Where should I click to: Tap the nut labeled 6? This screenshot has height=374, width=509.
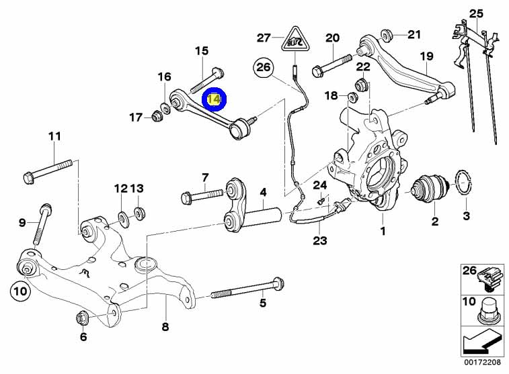click(82, 317)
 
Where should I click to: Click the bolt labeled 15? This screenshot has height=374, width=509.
click(206, 80)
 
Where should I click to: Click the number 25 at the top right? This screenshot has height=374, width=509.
click(476, 13)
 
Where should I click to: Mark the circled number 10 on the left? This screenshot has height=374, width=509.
click(19, 291)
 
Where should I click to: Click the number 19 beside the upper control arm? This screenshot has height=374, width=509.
click(426, 56)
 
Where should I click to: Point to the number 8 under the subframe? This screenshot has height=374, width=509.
click(165, 328)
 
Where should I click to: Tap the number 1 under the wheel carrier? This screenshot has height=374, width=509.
click(383, 232)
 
